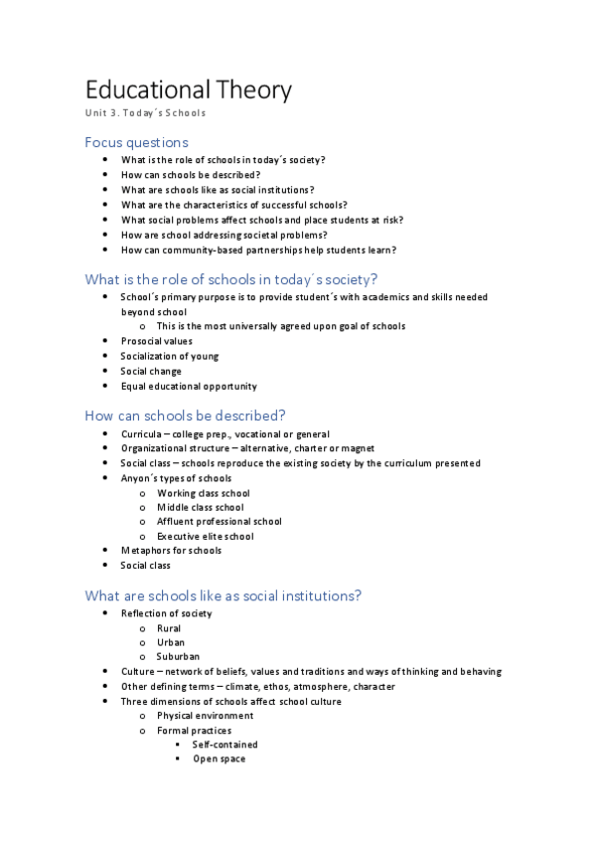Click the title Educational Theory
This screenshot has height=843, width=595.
(x=189, y=90)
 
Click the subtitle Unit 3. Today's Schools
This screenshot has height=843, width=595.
(x=145, y=113)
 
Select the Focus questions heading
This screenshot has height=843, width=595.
(x=136, y=142)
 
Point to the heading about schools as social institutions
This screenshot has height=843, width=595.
(x=223, y=595)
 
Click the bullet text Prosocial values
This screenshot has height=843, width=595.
(x=157, y=341)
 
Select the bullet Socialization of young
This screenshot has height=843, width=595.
(x=170, y=356)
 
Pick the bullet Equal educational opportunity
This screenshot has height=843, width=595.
(x=189, y=386)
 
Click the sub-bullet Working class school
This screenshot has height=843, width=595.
(x=204, y=493)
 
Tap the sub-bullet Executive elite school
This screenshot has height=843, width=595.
(x=206, y=536)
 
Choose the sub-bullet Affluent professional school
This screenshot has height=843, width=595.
(x=220, y=521)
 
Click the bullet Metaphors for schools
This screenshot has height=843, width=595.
(x=171, y=550)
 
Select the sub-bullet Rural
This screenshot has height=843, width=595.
(x=169, y=628)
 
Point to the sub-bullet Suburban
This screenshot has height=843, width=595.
(x=178, y=656)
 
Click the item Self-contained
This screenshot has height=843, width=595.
(x=225, y=744)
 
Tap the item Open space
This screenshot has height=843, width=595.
(x=219, y=759)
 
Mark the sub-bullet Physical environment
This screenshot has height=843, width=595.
(x=205, y=715)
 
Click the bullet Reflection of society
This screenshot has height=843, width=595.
(x=166, y=613)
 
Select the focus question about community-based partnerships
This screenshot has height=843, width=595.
(x=258, y=250)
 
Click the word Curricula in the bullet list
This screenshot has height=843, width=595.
(x=141, y=434)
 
